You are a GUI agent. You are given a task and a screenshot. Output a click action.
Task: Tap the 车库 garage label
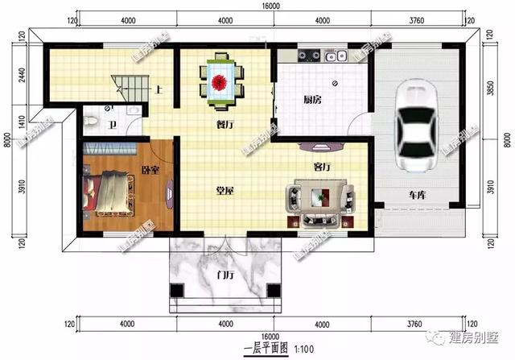(416, 195)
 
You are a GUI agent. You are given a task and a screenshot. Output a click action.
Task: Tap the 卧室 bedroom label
(150, 171)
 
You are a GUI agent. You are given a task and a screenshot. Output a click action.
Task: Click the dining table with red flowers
(220, 80)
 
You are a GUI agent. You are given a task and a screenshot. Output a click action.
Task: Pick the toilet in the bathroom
(94, 121)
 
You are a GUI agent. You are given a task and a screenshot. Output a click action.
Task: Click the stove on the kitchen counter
(310, 56)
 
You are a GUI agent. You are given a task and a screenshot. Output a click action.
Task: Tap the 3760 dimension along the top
(416, 20)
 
